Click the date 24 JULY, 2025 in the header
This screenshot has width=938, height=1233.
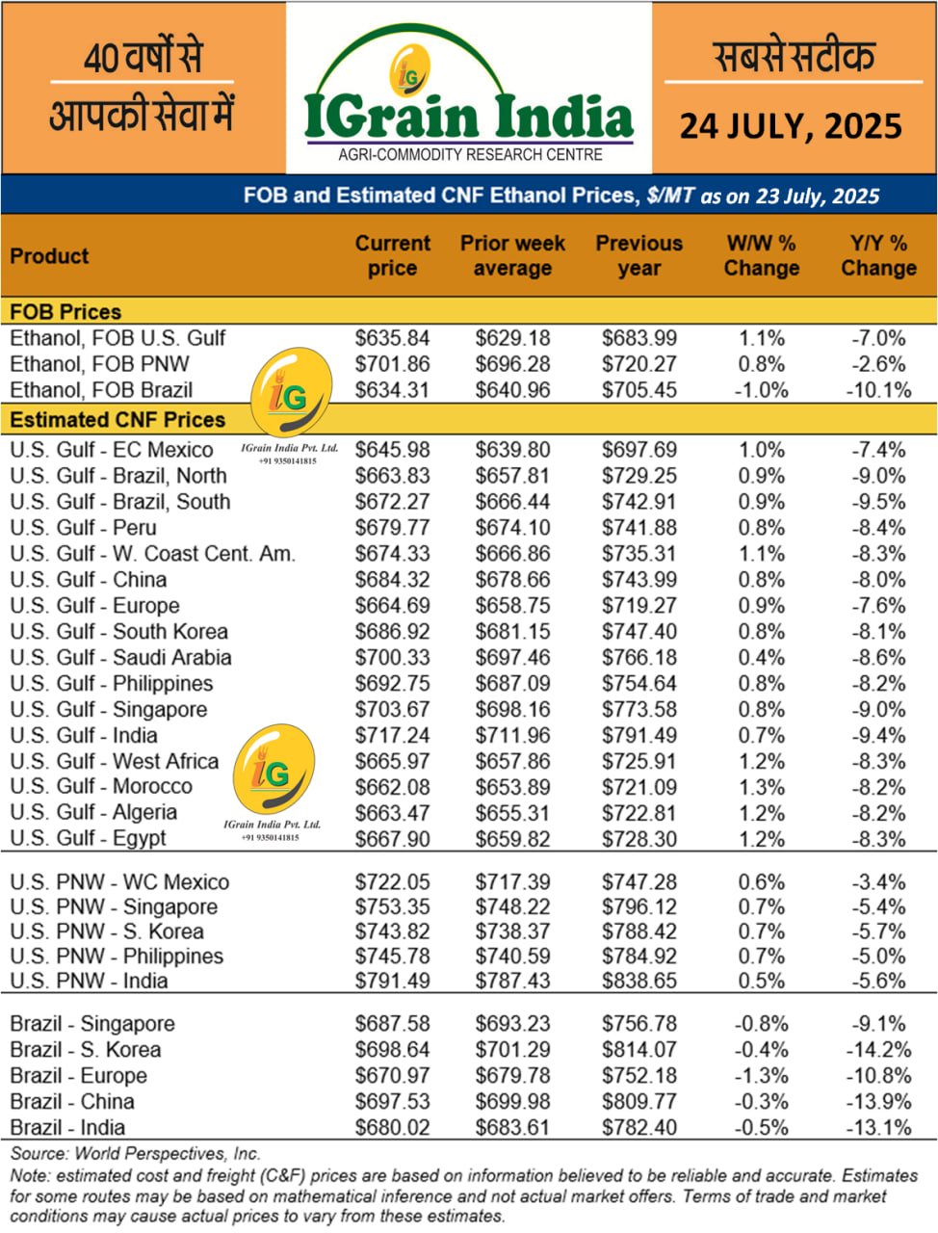click(x=791, y=126)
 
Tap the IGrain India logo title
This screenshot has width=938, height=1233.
click(x=469, y=116)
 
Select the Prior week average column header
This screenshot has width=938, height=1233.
click(x=512, y=256)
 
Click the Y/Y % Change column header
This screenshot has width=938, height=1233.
click(x=878, y=256)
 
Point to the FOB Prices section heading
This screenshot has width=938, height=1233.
click(x=65, y=312)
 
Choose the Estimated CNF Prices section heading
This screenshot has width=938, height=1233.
click(x=117, y=420)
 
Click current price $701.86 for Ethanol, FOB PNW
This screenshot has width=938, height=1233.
click(x=392, y=364)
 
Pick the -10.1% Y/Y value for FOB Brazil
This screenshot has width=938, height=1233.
click(x=878, y=390)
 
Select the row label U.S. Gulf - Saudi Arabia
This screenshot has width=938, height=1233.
click(x=120, y=658)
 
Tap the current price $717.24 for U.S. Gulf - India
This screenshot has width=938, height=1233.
click(x=392, y=736)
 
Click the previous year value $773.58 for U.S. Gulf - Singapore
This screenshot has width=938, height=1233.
click(x=639, y=710)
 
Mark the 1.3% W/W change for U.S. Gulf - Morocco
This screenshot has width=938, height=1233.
click(x=761, y=787)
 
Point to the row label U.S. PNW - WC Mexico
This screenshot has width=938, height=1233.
click(x=119, y=882)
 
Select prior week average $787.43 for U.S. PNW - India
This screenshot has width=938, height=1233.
click(x=512, y=982)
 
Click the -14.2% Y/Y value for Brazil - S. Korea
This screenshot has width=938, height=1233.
click(x=878, y=1050)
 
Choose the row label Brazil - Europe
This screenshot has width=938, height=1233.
click(x=78, y=1076)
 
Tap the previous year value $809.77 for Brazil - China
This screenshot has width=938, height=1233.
click(x=639, y=1102)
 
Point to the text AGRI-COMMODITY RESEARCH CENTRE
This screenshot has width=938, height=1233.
click(x=470, y=155)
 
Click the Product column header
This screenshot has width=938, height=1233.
click(x=49, y=256)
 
